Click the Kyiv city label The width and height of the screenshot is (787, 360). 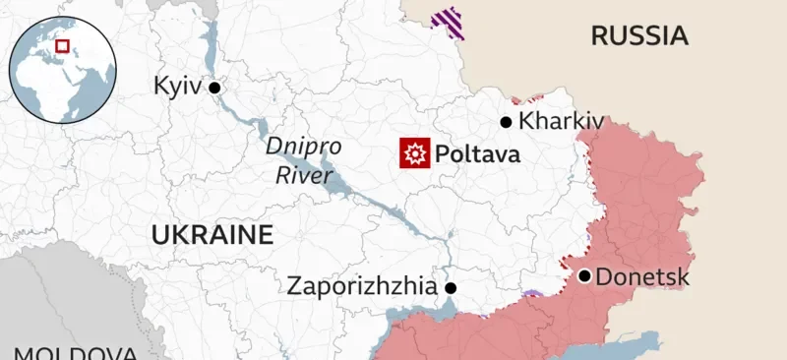click(x=177, y=87)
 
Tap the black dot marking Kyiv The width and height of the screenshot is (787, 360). click(x=214, y=88)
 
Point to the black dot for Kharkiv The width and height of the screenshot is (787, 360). click(x=506, y=122)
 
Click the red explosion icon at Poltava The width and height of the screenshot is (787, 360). click(x=414, y=153)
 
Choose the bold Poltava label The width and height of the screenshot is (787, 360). click(x=477, y=154)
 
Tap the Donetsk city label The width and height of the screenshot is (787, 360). click(x=642, y=277)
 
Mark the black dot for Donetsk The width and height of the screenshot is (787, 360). click(x=584, y=276)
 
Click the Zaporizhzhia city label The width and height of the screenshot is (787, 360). click(x=361, y=287)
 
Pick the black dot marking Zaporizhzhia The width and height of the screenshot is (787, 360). click(x=451, y=288)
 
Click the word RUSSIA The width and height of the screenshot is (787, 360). click(x=638, y=36)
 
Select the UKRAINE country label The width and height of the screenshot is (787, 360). click(x=212, y=235)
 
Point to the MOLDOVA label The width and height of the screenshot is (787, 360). click(x=74, y=352)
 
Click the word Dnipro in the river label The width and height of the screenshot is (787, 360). click(x=304, y=147)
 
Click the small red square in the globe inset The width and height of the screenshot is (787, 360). click(x=63, y=45)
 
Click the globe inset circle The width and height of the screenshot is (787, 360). click(x=63, y=69)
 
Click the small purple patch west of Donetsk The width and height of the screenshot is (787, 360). click(x=532, y=294)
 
